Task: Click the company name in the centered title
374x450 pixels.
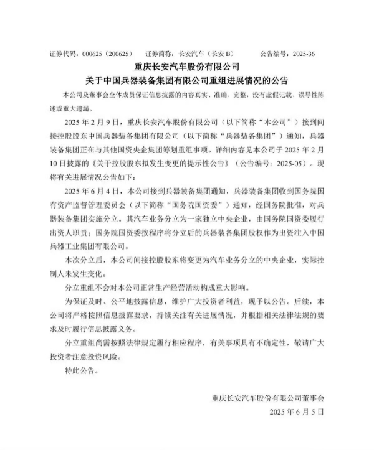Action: coord(186,66)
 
